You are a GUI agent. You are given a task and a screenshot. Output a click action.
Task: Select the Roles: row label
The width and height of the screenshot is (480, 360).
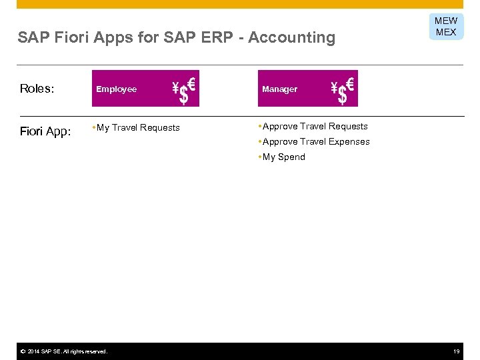pos(37,89)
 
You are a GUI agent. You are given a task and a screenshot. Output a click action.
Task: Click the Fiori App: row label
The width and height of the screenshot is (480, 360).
pos(45,131)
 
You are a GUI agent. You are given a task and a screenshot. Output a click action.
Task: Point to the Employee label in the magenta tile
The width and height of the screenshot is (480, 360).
pos(116,89)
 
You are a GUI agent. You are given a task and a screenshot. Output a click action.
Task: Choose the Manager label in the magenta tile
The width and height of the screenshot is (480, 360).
pos(280,89)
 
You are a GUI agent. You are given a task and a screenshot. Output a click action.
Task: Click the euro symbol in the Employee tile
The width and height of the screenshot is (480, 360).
pos(191,84)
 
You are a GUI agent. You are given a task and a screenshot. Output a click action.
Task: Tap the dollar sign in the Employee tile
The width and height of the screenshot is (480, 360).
pos(184,95)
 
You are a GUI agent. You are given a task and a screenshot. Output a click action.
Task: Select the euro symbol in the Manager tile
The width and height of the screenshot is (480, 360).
pos(350,84)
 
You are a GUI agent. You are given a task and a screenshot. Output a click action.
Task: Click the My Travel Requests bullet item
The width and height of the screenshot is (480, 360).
pos(138,127)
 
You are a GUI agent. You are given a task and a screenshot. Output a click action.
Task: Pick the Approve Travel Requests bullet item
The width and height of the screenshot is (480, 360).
pos(315,126)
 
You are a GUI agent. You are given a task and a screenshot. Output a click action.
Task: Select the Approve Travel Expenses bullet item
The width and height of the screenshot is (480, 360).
pos(316,141)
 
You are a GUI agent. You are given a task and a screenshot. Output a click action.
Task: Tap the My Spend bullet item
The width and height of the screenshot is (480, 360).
pos(283,157)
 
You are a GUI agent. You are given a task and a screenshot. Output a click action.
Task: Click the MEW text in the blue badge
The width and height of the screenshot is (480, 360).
pos(446,21)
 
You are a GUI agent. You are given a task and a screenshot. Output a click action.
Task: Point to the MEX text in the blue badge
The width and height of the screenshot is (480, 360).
pos(446,32)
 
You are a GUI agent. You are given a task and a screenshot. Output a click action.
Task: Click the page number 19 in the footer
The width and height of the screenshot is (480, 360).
pos(457,351)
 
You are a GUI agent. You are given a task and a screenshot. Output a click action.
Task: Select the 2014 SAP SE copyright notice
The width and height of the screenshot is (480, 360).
pos(63,351)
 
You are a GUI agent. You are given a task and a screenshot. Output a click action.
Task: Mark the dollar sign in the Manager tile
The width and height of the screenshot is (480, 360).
pos(343,95)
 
